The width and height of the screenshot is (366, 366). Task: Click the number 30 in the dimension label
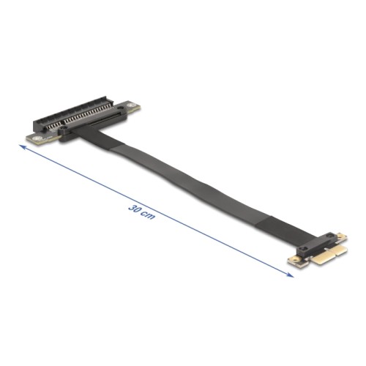tap(134, 207)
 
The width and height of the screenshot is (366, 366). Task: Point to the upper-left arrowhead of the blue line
tap(23, 147)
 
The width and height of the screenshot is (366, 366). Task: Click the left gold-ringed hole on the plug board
tap(295, 258)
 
